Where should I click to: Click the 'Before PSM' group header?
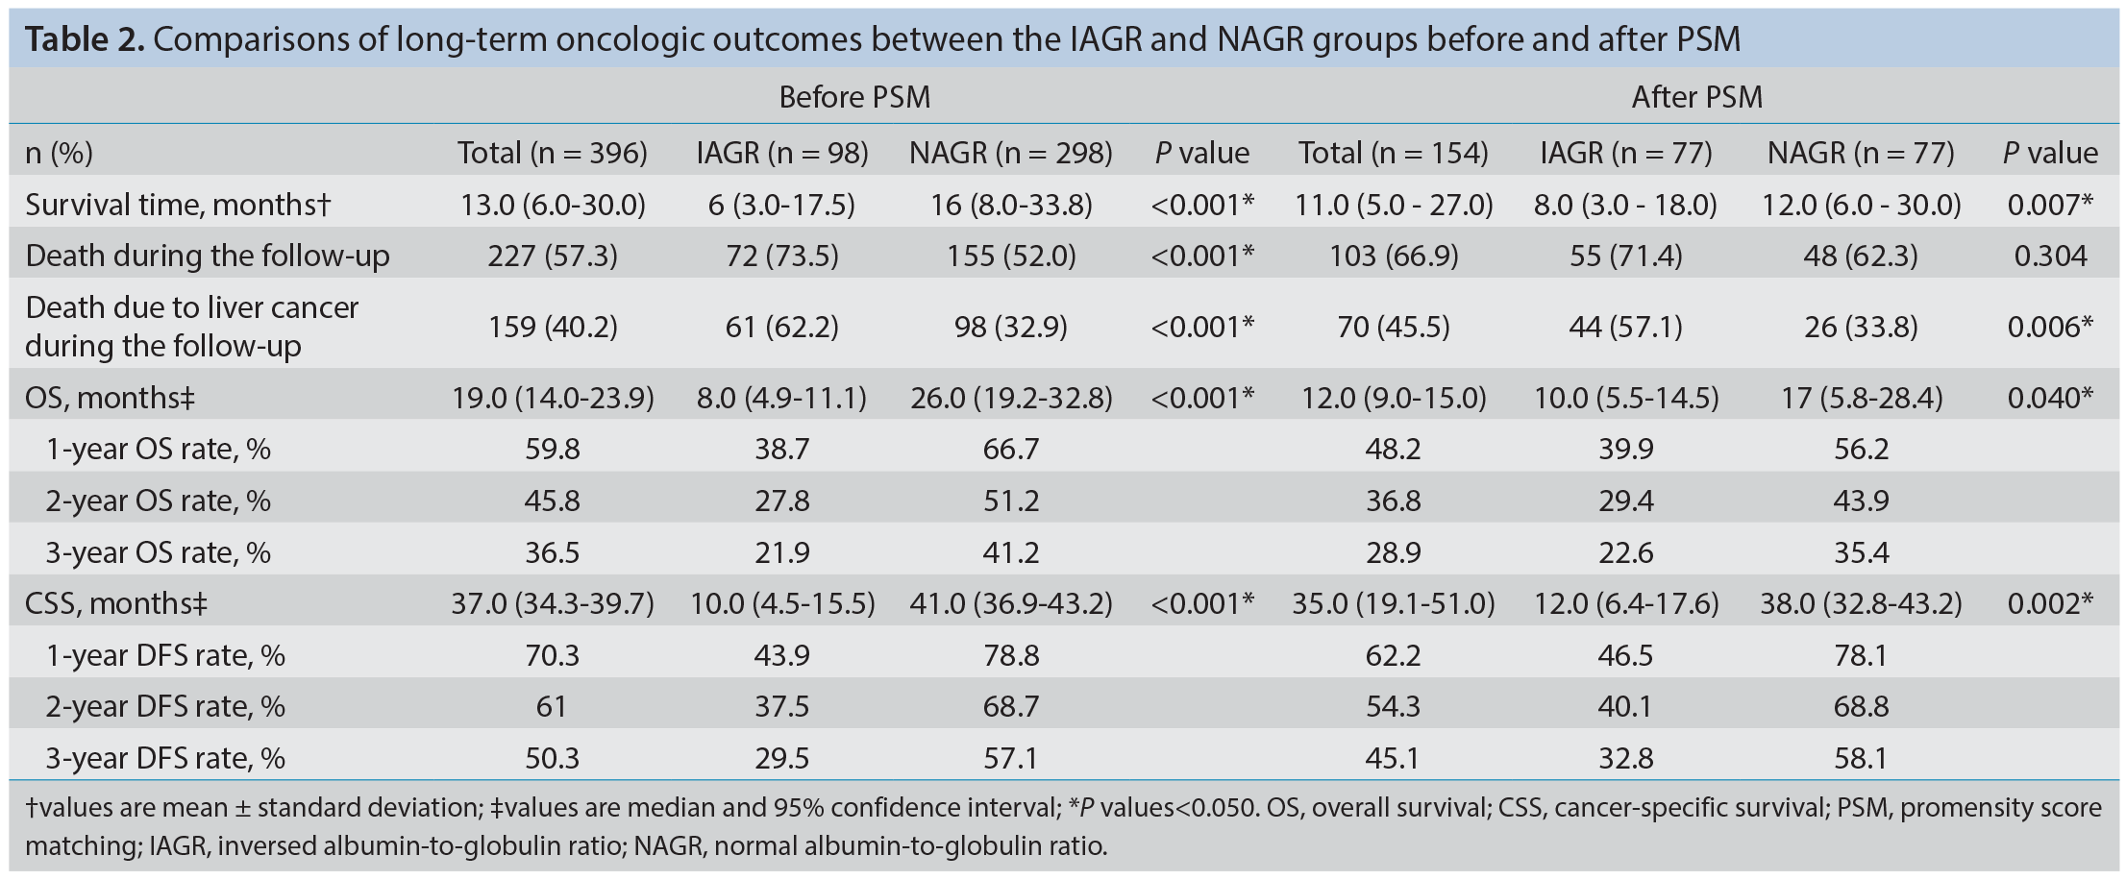pos(854,97)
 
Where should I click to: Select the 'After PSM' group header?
pos(1697,97)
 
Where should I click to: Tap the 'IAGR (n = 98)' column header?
pos(782,153)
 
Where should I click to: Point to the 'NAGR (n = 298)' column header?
pos(1011,153)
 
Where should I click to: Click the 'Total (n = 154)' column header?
pos(1394,153)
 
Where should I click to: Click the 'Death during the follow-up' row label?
pos(208,256)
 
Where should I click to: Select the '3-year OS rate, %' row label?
pos(159,552)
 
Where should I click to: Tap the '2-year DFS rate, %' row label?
pos(165,706)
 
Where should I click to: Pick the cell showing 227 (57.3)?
pos(553,256)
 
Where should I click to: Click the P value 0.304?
pos(2050,256)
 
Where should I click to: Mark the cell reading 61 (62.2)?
pos(782,327)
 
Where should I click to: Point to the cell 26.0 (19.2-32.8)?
pos(1011,398)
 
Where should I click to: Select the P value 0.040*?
pos(2050,398)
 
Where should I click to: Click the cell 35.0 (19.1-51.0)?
pos(1394,603)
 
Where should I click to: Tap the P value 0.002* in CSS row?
pos(2050,603)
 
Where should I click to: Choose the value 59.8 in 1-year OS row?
pos(553,450)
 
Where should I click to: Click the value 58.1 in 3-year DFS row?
pos(1862,758)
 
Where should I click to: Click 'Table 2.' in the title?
pos(85,39)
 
